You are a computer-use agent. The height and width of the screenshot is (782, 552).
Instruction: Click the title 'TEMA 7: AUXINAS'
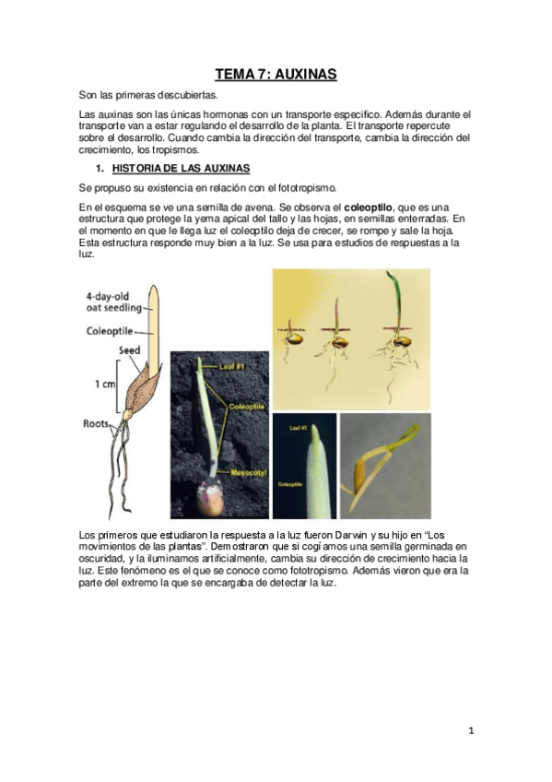[276, 75]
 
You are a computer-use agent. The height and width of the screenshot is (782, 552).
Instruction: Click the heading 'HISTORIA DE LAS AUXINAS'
[181, 169]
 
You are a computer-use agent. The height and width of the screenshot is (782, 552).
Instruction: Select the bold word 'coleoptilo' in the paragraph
[369, 207]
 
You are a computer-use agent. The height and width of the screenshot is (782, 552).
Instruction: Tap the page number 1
[471, 731]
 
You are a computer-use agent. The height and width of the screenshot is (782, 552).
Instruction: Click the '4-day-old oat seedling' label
[114, 302]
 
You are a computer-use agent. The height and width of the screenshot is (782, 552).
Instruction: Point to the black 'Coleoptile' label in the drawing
[110, 331]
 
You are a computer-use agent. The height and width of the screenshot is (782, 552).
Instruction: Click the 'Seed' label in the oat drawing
[129, 350]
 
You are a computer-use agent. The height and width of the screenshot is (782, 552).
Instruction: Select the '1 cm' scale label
[105, 384]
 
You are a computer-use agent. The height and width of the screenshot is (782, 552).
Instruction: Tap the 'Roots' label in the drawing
[96, 423]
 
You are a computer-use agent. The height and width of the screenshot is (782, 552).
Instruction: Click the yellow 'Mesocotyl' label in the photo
[249, 472]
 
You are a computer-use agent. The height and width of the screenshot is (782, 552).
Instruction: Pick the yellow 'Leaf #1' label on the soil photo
[232, 367]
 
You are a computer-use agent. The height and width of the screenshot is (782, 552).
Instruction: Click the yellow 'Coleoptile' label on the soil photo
[247, 407]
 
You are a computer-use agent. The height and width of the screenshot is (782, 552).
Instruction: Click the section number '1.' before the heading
[100, 169]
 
